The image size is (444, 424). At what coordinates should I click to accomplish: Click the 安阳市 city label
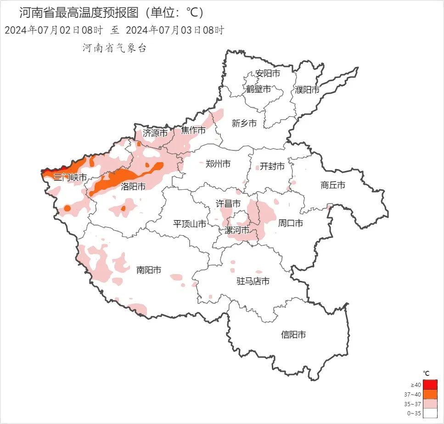pos(268,73)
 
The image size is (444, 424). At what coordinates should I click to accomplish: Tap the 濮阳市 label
pos(307,90)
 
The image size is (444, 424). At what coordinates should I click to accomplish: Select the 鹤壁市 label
pos(259,89)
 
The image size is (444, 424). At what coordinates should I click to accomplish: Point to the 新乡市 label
pos(244,123)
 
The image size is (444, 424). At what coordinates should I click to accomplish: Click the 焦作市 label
pos(193,130)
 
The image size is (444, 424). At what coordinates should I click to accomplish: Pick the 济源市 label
pos(155,133)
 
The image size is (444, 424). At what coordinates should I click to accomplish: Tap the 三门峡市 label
pos(70,177)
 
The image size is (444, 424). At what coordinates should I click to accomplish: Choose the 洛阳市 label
pos(133,187)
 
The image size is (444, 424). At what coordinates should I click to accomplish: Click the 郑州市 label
pos(218,164)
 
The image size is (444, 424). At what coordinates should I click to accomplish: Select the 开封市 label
pos(272,166)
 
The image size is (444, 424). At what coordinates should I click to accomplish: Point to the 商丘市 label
pos(332,185)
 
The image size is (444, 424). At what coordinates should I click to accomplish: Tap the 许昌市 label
pos(228,203)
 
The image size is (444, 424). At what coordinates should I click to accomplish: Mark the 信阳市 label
pos(293,335)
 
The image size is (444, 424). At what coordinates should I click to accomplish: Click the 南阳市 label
pos(149,270)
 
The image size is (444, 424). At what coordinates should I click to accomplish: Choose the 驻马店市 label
pos(253,281)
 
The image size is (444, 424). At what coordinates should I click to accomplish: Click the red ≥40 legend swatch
pos(430,384)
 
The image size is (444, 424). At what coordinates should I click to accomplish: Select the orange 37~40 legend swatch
pos(430,394)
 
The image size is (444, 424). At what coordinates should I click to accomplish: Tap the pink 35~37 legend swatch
pos(430,404)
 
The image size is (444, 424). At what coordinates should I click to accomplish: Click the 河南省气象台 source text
pos(114,48)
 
